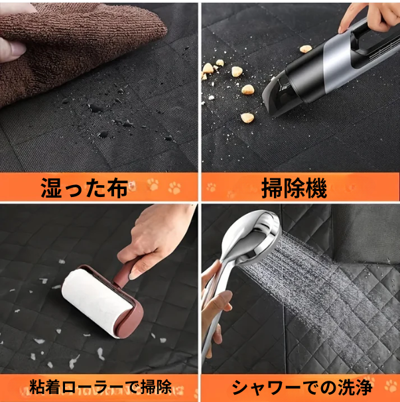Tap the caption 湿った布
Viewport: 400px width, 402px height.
pos(84,188)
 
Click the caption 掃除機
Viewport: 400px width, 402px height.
pos(294,188)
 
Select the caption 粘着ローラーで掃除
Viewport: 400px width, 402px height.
pos(100,387)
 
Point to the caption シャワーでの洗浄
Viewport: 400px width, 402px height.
pos(302,387)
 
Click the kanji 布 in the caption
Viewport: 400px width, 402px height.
pos(117,188)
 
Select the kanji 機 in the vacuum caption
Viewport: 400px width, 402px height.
pos(316,188)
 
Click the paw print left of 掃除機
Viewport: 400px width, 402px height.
pos(212,187)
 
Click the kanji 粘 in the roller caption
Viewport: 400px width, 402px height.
pos(37,387)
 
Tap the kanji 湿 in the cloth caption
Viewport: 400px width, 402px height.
pos(51,188)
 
